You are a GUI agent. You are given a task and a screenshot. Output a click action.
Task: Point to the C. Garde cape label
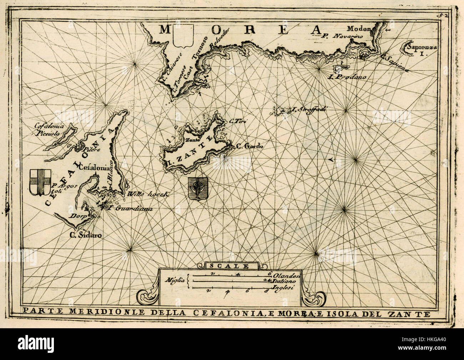coord(249,146)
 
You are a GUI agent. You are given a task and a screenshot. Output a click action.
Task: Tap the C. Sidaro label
coord(85,235)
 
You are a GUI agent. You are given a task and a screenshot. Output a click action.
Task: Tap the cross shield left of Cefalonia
coord(40,182)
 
